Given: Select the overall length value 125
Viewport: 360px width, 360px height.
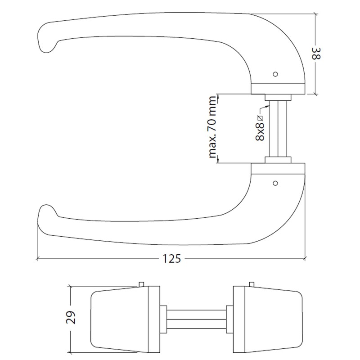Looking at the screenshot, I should (x=171, y=259).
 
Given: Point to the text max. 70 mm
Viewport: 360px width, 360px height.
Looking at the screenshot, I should (x=212, y=128).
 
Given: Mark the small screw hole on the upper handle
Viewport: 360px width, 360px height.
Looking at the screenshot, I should (x=276, y=73).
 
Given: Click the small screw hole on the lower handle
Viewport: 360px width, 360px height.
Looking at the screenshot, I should (x=276, y=183).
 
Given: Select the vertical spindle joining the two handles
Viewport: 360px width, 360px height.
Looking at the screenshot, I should (x=278, y=129).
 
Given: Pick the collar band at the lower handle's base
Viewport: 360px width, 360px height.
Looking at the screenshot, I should (x=278, y=168).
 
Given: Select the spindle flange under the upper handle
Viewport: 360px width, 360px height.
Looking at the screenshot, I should (x=279, y=97).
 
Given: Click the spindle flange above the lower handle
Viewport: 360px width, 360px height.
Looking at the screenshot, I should (x=279, y=160).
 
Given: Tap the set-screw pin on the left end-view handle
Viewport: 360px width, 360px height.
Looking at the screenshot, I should (x=141, y=283).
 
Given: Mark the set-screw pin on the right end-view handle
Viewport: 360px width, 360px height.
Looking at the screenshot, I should (x=251, y=283).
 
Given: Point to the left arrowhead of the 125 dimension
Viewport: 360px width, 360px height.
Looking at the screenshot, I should (x=39, y=259).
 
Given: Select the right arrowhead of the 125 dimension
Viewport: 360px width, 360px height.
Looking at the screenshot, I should (x=305, y=259).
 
